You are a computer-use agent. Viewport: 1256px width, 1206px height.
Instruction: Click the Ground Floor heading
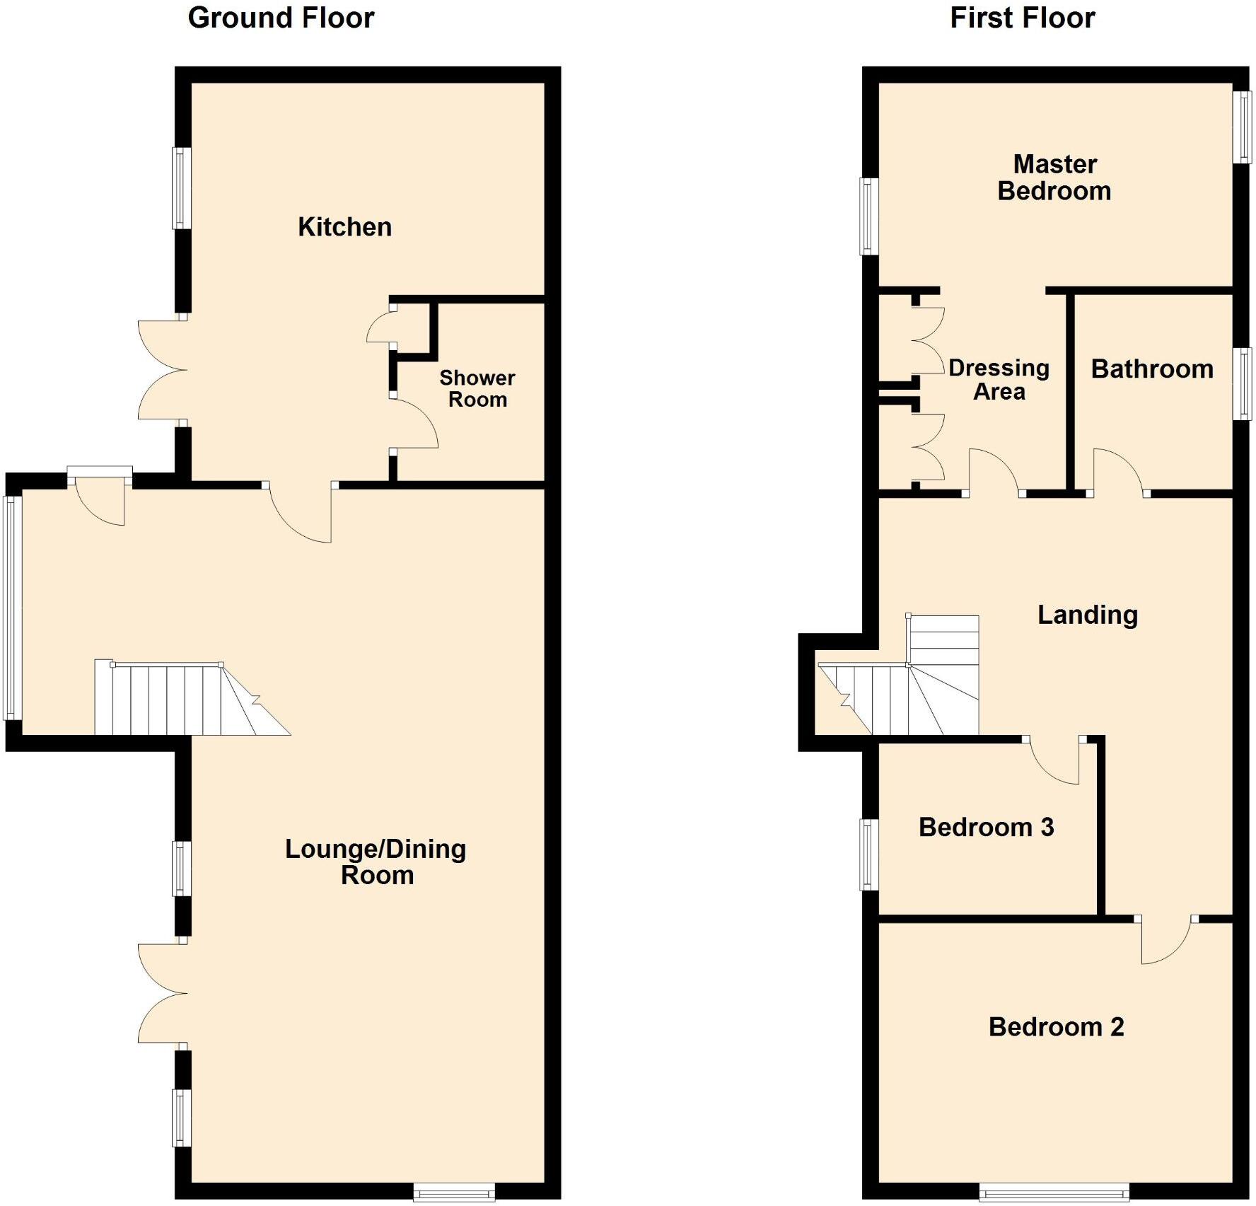click(x=281, y=18)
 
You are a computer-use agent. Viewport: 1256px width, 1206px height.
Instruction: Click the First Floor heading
click(x=1022, y=18)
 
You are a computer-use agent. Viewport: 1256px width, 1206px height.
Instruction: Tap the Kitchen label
click(x=344, y=227)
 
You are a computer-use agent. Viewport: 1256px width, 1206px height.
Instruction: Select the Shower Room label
click(x=477, y=388)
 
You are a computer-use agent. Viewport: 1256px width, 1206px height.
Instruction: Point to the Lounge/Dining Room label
click(x=376, y=862)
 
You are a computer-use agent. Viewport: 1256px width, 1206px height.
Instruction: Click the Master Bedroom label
click(x=1054, y=178)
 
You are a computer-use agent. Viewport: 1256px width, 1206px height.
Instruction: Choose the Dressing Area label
click(x=999, y=380)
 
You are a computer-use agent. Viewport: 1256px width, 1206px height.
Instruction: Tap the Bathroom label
click(x=1152, y=369)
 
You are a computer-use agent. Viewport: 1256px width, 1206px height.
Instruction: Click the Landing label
click(x=1088, y=615)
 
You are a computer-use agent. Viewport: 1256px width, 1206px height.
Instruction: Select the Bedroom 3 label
click(x=986, y=827)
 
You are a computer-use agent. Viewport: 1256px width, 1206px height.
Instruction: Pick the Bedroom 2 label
click(x=1056, y=1026)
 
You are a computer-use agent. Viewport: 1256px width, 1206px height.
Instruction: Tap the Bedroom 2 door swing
click(x=1163, y=941)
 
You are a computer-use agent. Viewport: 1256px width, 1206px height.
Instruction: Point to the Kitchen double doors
click(x=163, y=371)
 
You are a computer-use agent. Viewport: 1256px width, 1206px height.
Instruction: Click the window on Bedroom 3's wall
click(x=868, y=854)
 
